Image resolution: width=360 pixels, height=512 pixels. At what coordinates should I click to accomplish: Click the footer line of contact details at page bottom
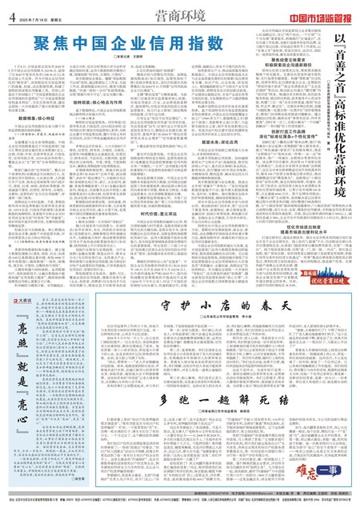(x=180, y=506)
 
